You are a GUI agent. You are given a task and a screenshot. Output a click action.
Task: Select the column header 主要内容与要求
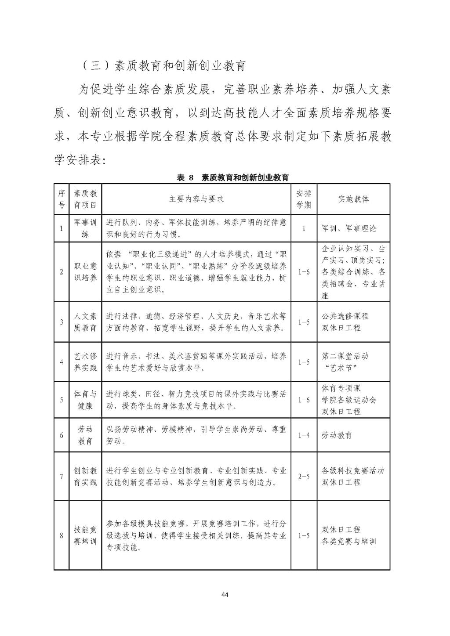pyautogui.click(x=196, y=199)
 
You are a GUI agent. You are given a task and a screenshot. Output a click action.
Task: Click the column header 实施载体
pyautogui.click(x=353, y=199)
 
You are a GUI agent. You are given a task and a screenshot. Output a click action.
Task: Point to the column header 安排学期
pyautogui.click(x=303, y=199)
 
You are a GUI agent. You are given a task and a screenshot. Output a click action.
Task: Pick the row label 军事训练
pyautogui.click(x=85, y=228)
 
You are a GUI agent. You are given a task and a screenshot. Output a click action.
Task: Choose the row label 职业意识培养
pyautogui.click(x=85, y=272)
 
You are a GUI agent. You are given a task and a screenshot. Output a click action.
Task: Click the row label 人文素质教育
pyautogui.click(x=85, y=322)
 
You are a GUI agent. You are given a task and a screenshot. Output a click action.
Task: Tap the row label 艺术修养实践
pyautogui.click(x=85, y=362)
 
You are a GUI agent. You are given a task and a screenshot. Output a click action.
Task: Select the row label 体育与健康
pyautogui.click(x=85, y=400)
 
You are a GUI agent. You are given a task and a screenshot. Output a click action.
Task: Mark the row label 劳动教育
pyautogui.click(x=85, y=435)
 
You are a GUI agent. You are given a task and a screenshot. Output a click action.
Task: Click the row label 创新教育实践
pyautogui.click(x=85, y=477)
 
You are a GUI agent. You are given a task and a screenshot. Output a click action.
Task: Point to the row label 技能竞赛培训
pyautogui.click(x=85, y=535)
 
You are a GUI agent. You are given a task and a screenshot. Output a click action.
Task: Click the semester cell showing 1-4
pyautogui.click(x=303, y=435)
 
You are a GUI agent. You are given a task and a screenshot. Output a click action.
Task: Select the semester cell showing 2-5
pyautogui.click(x=303, y=477)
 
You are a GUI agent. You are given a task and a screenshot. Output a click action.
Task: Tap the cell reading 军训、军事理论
pyautogui.click(x=349, y=228)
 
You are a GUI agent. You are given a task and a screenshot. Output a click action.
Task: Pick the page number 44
pyautogui.click(x=225, y=595)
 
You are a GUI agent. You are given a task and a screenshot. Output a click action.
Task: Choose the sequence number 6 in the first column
pyautogui.click(x=61, y=435)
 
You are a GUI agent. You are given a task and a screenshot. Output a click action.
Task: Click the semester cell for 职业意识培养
pyautogui.click(x=303, y=272)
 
